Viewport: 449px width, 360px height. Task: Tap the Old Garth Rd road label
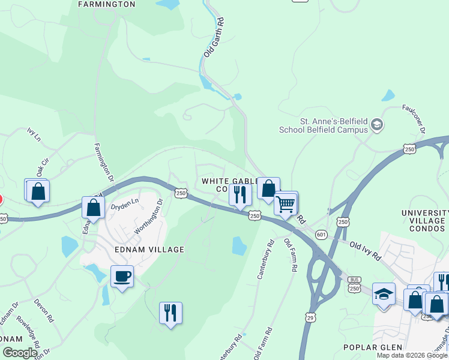pos(214,37)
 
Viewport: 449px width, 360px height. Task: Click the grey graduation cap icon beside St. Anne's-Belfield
pos(377,125)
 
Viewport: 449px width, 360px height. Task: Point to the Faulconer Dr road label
pos(420,122)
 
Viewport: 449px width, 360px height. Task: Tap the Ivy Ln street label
pos(34,133)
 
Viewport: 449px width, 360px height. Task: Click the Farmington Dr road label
pos(103,163)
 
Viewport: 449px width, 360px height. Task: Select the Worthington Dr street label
pos(148,217)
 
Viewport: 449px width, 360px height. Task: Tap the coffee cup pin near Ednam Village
pos(122,277)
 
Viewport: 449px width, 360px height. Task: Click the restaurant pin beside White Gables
pos(240,194)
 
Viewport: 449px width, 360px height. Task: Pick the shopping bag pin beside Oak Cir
pos(38,191)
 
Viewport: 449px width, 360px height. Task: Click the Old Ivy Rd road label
pos(365,250)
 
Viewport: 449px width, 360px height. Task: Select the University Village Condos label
pos(424,221)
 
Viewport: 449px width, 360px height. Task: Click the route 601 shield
pos(321,235)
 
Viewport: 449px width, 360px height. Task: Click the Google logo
pos(20,353)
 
